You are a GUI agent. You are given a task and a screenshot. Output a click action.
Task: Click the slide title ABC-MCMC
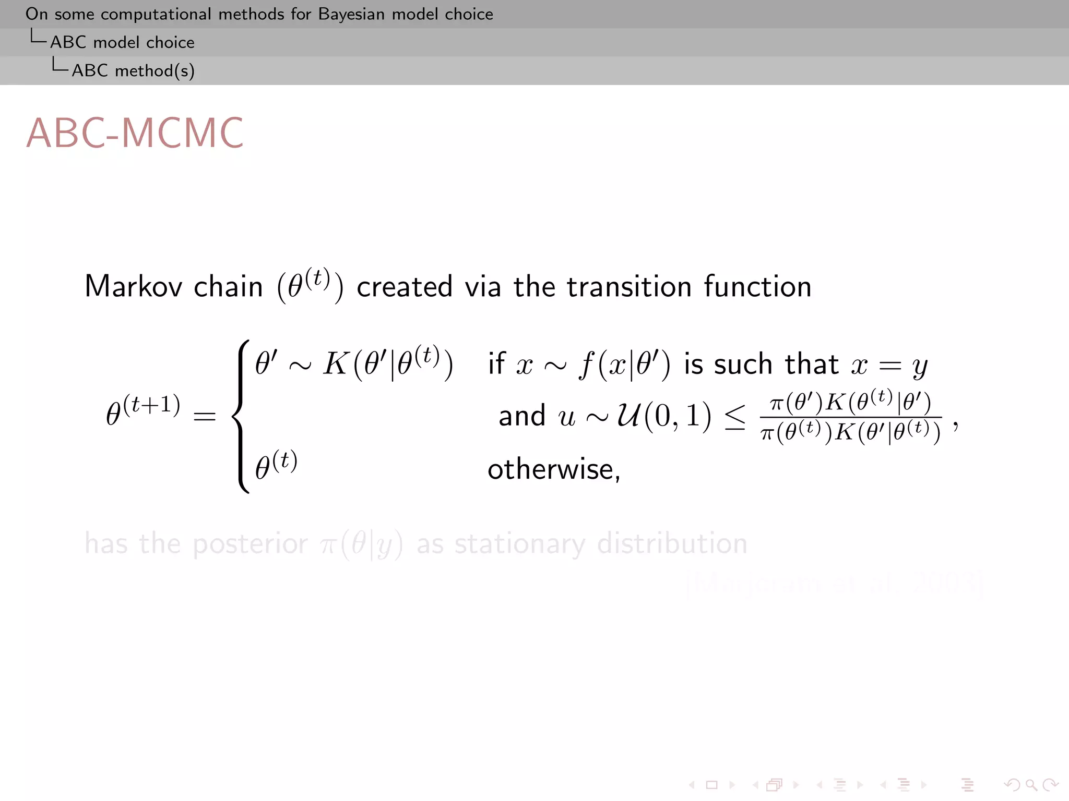click(x=135, y=133)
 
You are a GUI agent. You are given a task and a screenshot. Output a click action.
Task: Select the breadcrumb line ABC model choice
click(x=122, y=42)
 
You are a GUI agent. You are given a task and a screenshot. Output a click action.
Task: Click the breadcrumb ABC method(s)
click(x=133, y=70)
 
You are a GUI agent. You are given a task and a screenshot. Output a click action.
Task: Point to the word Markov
click(x=134, y=286)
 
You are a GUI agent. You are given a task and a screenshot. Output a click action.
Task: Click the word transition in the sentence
click(x=629, y=286)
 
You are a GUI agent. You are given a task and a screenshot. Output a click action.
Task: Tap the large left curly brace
click(x=241, y=416)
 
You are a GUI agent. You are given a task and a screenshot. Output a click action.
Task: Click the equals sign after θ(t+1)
click(x=205, y=416)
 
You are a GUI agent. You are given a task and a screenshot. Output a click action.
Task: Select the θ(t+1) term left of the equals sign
click(x=143, y=411)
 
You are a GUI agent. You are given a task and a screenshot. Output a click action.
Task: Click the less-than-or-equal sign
click(x=735, y=417)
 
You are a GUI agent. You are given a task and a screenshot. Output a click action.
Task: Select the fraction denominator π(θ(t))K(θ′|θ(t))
click(x=851, y=432)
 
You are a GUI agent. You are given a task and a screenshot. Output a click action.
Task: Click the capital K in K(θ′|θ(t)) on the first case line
click(x=336, y=363)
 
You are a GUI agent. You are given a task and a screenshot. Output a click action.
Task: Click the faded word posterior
click(x=250, y=544)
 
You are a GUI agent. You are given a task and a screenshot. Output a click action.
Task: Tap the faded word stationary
click(x=520, y=544)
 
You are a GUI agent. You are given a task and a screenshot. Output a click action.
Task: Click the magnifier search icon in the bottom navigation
click(x=1030, y=784)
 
